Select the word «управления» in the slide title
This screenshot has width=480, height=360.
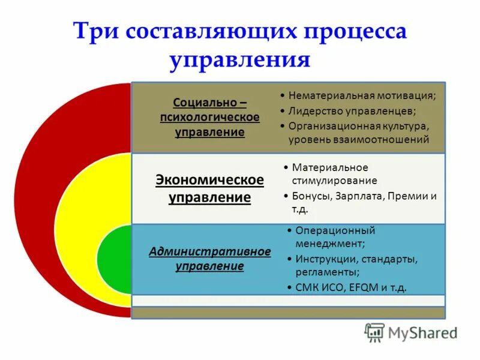[240, 60]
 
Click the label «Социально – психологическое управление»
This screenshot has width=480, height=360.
[209, 117]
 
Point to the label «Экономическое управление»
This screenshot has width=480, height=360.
[209, 188]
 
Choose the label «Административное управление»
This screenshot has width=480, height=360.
[209, 259]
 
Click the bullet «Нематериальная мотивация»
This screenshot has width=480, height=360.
[362, 95]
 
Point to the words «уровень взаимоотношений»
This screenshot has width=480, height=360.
[359, 140]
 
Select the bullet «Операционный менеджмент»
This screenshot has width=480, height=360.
[334, 237]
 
